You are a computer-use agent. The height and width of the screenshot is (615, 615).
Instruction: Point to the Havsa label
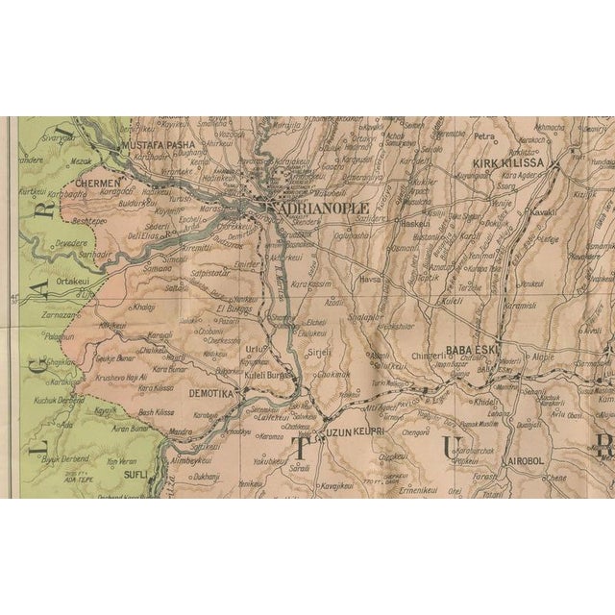(370, 281)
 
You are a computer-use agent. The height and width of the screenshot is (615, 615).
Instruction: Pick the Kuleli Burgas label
(268, 376)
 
